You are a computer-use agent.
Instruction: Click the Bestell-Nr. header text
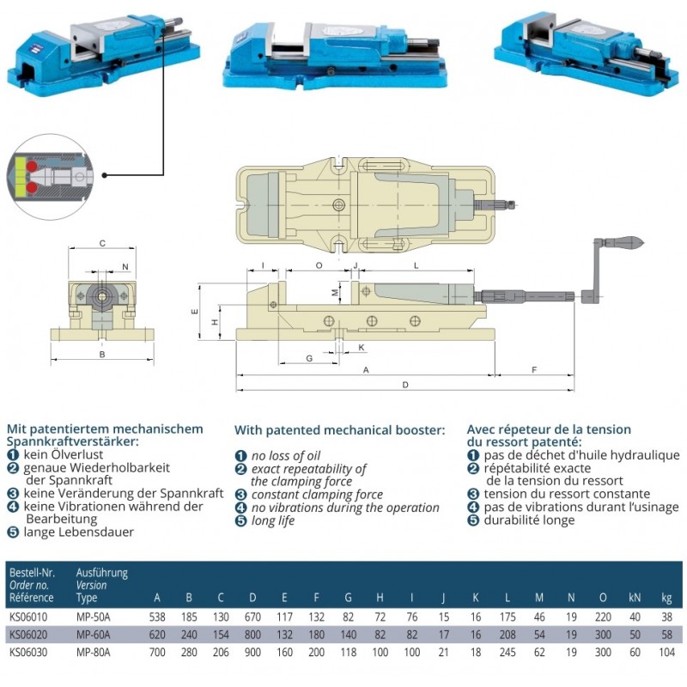click(x=32, y=572)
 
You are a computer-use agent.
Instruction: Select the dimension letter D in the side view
click(x=405, y=386)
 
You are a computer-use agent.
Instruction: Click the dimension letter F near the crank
click(x=534, y=370)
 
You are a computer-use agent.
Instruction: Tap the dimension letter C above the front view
click(x=102, y=244)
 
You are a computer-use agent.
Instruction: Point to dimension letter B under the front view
click(x=101, y=354)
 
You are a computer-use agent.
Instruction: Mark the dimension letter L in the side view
click(x=416, y=266)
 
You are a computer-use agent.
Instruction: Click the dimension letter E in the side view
click(x=195, y=311)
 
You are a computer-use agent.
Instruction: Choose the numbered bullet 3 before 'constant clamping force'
click(x=241, y=495)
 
